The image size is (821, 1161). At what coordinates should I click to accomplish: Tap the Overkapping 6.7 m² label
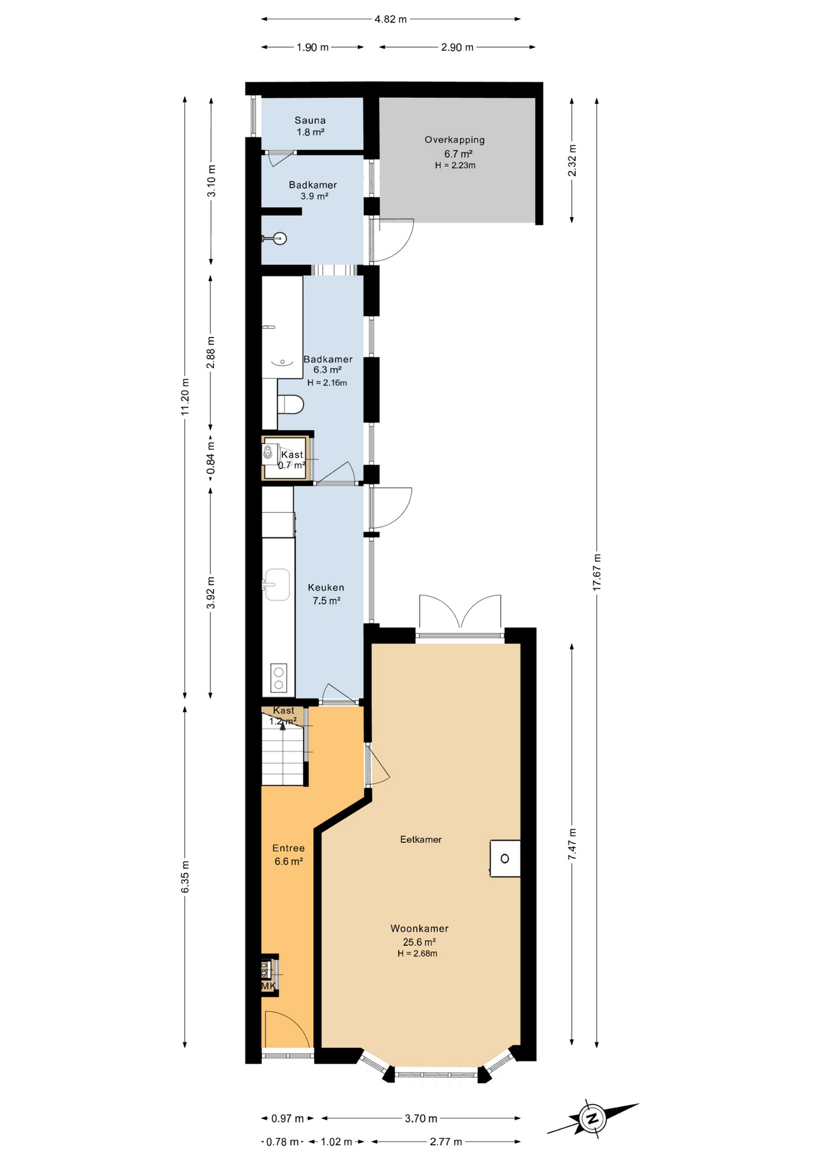click(455, 147)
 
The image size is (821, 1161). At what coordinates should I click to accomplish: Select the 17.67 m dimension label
click(597, 572)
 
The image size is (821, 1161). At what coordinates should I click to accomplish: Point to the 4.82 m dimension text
click(390, 19)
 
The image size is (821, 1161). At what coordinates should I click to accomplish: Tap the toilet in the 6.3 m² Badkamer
click(291, 405)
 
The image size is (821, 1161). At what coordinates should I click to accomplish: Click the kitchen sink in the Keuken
click(277, 584)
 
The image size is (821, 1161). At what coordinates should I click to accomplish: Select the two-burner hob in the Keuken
click(278, 678)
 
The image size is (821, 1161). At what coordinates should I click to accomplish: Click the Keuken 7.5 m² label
click(326, 594)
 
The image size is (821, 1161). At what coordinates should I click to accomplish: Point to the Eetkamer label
click(421, 839)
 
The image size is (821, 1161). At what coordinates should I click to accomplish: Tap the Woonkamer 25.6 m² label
click(419, 935)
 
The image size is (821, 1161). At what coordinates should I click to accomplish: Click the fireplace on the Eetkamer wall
click(505, 859)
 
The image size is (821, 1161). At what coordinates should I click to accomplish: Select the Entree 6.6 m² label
click(288, 854)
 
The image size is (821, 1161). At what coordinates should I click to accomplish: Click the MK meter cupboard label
click(268, 986)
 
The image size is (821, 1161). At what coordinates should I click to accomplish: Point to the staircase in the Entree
click(282, 756)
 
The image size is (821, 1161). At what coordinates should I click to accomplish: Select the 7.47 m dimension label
click(572, 844)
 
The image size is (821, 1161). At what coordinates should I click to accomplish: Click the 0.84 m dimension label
click(210, 458)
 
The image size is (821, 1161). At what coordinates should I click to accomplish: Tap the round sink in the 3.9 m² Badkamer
click(279, 238)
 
